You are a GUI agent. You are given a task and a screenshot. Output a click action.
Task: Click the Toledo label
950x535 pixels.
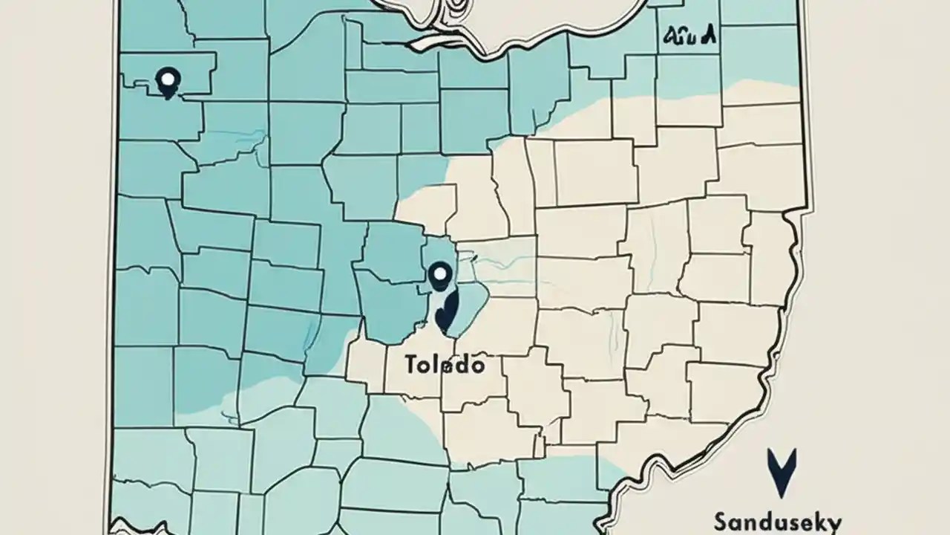tap(445, 365)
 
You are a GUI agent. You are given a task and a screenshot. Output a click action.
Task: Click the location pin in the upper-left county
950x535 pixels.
tap(168, 82)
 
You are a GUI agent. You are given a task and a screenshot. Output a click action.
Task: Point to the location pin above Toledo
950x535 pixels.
tap(440, 276)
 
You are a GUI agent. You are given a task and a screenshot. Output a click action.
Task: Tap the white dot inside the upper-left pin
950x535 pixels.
tap(168, 77)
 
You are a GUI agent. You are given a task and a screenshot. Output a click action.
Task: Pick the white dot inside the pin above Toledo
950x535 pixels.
tap(440, 273)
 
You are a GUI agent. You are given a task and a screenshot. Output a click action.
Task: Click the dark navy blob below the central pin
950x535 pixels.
tap(446, 311)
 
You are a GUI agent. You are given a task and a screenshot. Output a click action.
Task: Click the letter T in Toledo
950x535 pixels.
tap(410, 365)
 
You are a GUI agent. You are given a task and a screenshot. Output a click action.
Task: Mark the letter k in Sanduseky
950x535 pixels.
tap(820, 522)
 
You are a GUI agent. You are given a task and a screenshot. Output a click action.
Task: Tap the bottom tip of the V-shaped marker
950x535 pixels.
tap(782, 495)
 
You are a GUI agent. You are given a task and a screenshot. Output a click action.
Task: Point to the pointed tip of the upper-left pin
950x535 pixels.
tap(168, 97)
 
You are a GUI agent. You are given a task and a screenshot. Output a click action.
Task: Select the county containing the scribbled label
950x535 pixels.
tap(688, 45)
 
